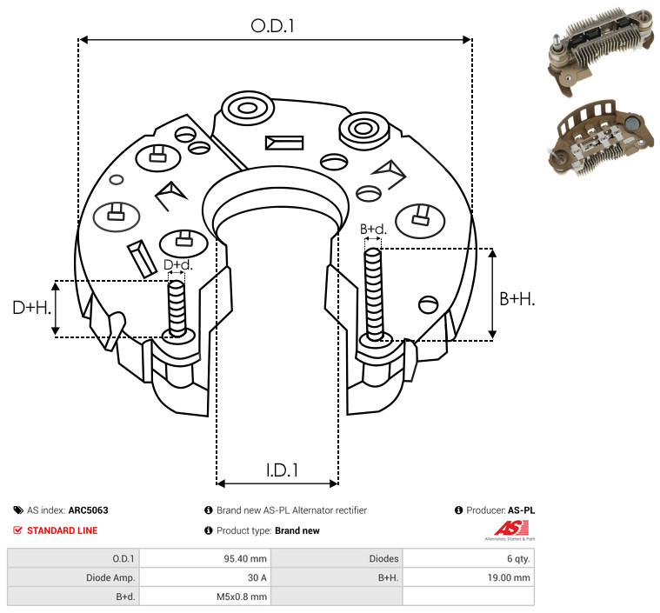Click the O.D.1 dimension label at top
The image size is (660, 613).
(272, 26)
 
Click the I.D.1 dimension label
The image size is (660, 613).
(282, 470)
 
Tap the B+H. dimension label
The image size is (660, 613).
(517, 299)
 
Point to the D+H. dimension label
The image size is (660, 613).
(31, 308)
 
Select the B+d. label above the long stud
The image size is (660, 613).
(373, 229)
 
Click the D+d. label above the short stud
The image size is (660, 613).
(178, 265)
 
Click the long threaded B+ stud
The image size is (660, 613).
(373, 294)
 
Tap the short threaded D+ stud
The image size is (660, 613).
(177, 308)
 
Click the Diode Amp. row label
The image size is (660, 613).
(110, 577)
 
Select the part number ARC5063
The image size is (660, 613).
(89, 510)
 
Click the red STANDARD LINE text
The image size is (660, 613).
(63, 530)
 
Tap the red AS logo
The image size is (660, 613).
(511, 529)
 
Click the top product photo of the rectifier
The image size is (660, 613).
(601, 50)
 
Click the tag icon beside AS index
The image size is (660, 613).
(18, 510)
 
